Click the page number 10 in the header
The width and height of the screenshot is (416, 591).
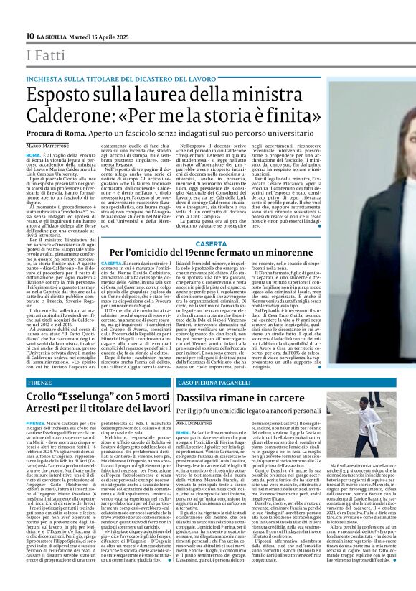click(x=30, y=36)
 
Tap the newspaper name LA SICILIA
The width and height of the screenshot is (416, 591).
click(x=55, y=36)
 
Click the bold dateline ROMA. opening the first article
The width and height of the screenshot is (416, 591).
click(x=33, y=154)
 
